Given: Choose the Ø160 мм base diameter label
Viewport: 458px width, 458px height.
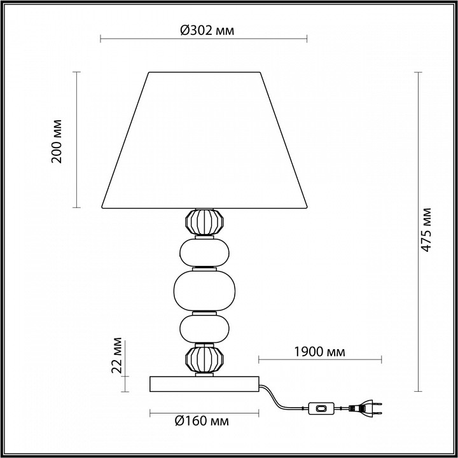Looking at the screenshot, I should tap(203, 421).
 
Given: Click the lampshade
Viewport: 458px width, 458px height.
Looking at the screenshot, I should tap(204, 140).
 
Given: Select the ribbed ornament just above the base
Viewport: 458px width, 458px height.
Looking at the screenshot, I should tap(202, 359).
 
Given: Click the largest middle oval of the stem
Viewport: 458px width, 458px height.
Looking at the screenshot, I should tap(203, 289).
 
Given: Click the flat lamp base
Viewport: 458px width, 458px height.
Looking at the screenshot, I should tap(204, 384).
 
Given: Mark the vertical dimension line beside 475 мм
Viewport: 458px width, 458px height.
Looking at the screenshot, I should tap(418, 232).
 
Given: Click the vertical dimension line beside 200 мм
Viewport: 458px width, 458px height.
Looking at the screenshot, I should tap(77, 140).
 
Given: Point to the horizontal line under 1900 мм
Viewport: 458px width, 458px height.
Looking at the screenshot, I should tap(319, 361).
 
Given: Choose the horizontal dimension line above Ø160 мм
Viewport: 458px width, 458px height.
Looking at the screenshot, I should tap(204, 412).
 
